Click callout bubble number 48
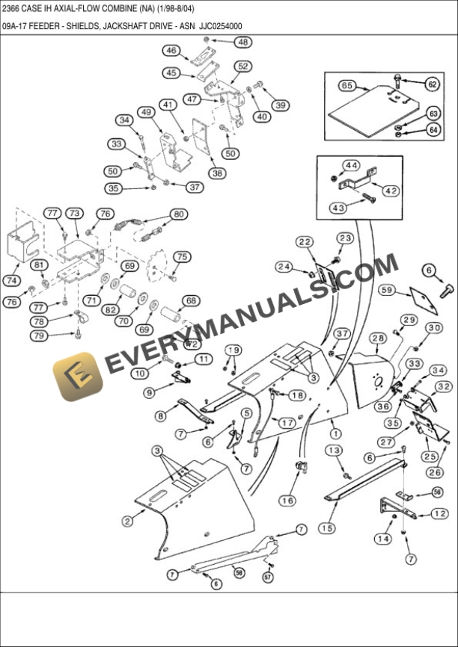pos(243,43)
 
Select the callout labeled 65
pos(346,86)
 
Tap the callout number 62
pos(432,84)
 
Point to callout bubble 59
pos(387,290)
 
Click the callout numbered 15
pos(326,528)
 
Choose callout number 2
pos(128,521)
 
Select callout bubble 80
pos(177,214)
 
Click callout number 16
pos(287,500)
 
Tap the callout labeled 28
pos(379,338)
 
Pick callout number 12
pos(440,514)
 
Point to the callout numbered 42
pos(391,191)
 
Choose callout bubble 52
pos(242,66)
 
